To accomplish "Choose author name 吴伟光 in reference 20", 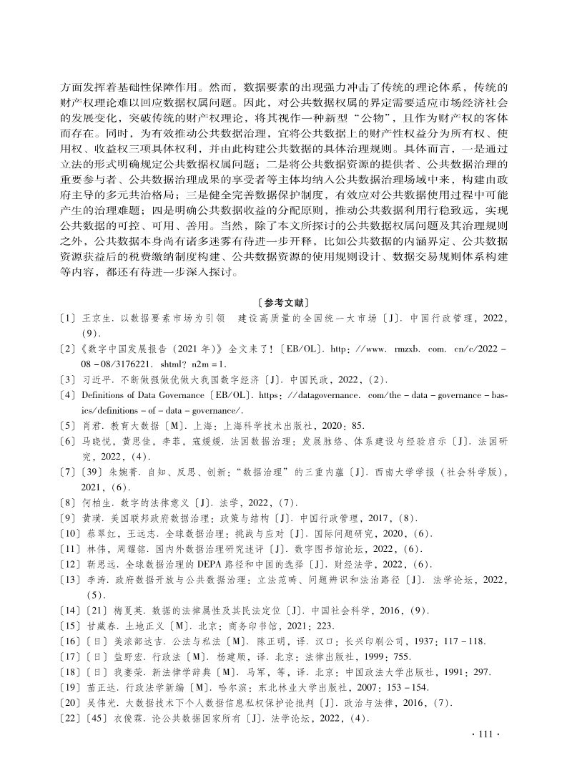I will [x=98, y=708].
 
